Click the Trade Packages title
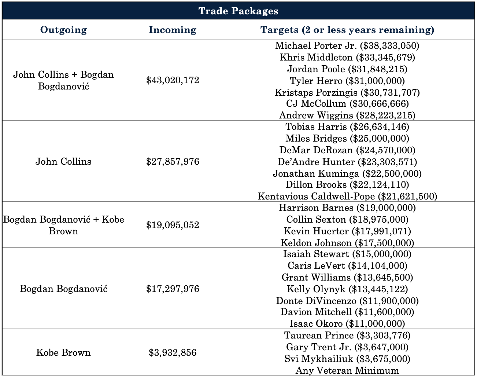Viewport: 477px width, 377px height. click(238, 11)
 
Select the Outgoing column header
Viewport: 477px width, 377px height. click(63, 30)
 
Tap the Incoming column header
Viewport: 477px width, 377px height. click(173, 30)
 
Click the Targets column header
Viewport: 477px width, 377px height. click(347, 30)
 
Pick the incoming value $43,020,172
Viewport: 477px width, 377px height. click(173, 80)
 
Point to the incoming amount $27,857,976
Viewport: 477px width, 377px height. click(173, 162)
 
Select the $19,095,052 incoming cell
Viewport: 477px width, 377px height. click(173, 225)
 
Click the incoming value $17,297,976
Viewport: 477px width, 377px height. click(173, 289)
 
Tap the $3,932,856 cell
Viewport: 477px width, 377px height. click(173, 353)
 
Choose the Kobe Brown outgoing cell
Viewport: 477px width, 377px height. click(63, 353)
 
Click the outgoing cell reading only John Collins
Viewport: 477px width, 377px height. click(63, 162)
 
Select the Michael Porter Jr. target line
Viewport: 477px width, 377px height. click(347, 46)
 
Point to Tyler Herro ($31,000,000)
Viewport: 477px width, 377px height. click(347, 81)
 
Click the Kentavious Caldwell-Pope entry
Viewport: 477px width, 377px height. click(347, 197)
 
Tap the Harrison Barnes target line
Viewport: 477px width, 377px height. click(347, 208)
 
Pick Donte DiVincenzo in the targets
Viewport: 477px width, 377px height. click(347, 301)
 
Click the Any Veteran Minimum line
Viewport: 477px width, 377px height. click(347, 370)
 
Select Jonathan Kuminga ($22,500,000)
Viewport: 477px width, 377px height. click(347, 173)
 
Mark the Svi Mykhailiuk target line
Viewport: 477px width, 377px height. click(347, 359)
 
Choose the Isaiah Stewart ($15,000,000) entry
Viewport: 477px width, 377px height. click(347, 254)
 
